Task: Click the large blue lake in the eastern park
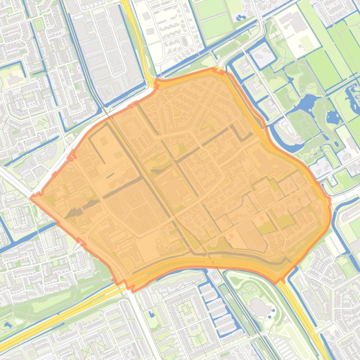[307, 101]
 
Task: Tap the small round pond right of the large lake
[333, 117]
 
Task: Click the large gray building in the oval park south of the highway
[259, 308]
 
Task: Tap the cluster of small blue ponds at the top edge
[242, 18]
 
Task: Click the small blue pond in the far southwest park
[7, 324]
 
